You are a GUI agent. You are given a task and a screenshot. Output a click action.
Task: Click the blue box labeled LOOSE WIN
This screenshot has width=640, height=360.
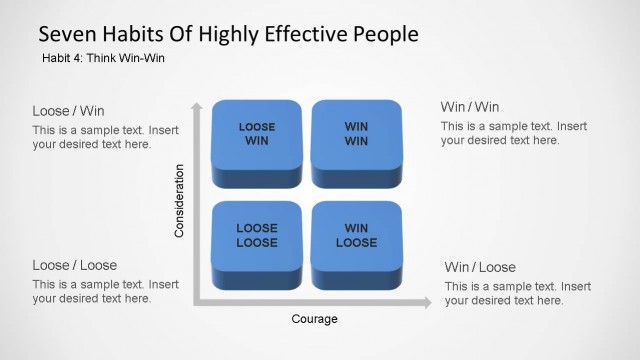pos(257,139)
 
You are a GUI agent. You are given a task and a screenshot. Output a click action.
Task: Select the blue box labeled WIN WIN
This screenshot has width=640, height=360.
pos(356,139)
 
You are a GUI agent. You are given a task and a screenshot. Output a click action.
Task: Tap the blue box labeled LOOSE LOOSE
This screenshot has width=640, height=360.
pos(257,240)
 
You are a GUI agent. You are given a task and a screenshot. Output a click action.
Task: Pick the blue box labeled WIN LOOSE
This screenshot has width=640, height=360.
pos(356,240)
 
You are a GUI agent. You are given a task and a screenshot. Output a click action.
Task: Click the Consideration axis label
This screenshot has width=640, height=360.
pos(180,201)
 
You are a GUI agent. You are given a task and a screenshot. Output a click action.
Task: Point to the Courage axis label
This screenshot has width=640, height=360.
pos(314,319)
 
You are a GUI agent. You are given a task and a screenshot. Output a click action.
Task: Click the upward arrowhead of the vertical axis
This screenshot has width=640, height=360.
pos(197,106)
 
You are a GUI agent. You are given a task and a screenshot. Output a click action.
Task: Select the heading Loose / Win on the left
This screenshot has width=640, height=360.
pos(68,111)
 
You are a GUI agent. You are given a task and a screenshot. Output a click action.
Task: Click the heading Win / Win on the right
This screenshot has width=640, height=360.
pos(470,107)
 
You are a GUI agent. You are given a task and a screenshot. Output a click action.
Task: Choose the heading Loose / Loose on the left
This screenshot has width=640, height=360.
pos(74,265)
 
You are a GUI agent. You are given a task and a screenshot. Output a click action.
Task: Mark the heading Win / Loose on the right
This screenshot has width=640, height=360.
pos(480,267)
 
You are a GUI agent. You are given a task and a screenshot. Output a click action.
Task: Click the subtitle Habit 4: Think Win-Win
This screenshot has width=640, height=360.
pos(103,58)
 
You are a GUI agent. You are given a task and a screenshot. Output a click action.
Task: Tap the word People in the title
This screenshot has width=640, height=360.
pos(383,34)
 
